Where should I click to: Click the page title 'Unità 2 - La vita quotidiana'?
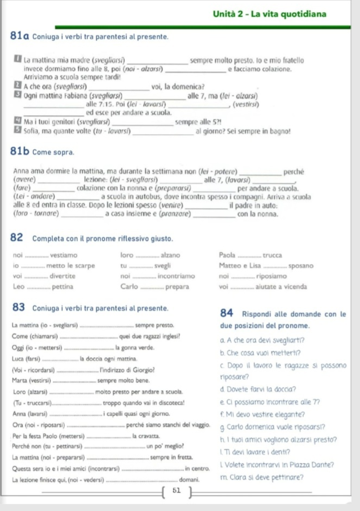[x=269, y=14]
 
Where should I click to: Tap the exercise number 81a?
[x=20, y=36]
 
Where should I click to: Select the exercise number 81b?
[x=20, y=151]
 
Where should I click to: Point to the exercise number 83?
[x=18, y=308]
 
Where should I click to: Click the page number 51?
[x=177, y=490]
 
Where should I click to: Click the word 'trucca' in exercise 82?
[x=272, y=255]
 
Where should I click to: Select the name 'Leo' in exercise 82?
[x=19, y=286]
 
